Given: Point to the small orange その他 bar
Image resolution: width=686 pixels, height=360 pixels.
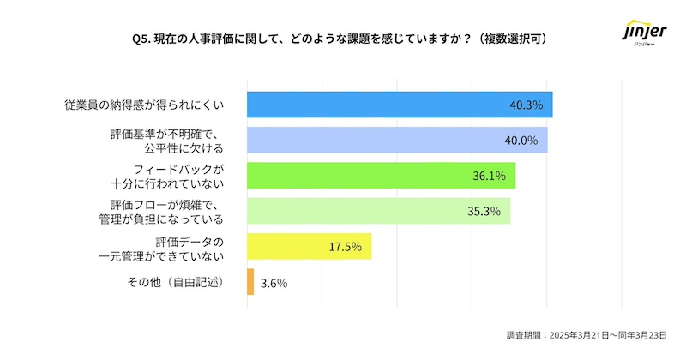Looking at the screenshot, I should (250, 282).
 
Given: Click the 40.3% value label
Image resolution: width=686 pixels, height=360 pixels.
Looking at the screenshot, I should (527, 105).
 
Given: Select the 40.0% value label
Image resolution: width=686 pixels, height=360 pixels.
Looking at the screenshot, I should (522, 141).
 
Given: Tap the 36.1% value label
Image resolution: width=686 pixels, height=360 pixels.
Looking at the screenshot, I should (490, 177).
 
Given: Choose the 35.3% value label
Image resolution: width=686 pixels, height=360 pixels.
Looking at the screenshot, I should (484, 212).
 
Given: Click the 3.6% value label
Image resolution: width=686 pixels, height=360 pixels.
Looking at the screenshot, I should (273, 283).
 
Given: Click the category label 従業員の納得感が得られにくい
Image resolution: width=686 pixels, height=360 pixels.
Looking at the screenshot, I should (144, 105).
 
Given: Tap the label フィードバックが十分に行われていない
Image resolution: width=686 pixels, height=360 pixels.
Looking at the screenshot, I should (167, 176).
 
